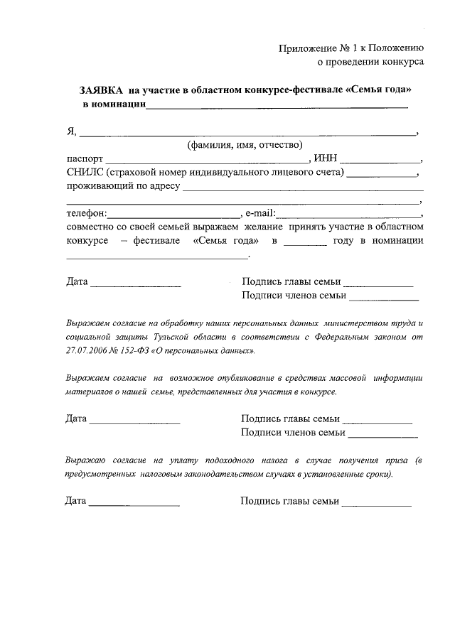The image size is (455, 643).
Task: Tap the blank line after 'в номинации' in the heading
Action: pos(277,107)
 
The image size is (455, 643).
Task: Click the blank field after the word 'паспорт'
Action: pos(206,161)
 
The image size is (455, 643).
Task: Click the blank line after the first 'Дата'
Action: pos(136,285)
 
